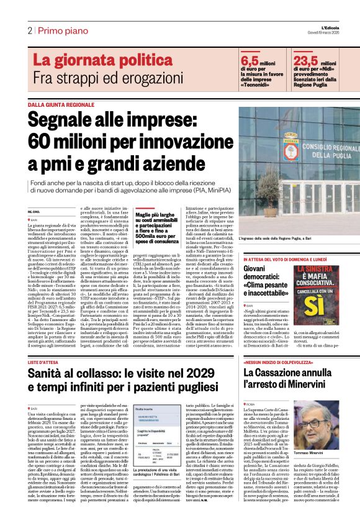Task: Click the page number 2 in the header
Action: (29, 30)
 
